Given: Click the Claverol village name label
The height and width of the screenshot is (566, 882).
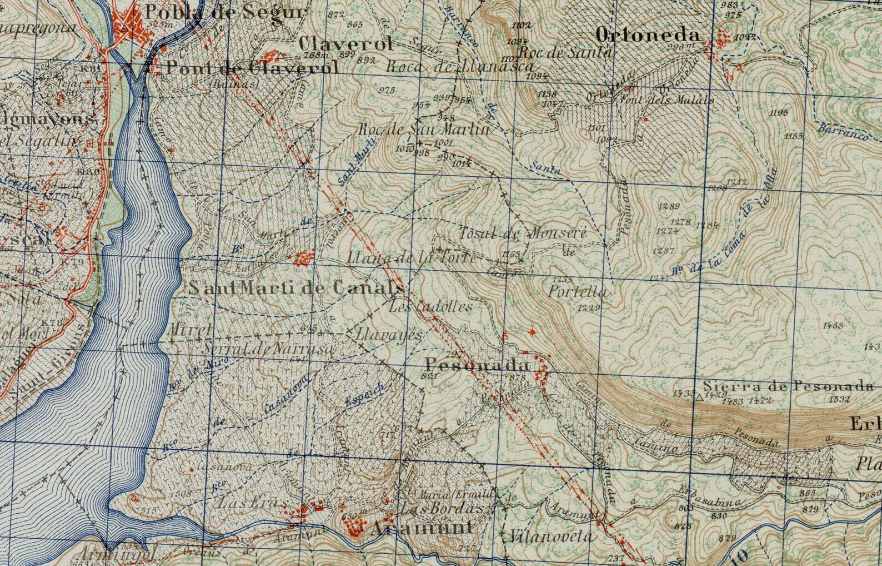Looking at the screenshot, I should pyautogui.click(x=345, y=44).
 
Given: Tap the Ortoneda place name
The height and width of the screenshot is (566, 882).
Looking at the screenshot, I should pyautogui.click(x=647, y=34).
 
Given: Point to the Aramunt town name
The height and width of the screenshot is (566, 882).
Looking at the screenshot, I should pyautogui.click(x=422, y=528).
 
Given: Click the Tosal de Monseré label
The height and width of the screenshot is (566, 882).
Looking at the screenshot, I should pyautogui.click(x=523, y=233).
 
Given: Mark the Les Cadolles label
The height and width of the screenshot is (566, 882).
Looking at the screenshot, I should pyautogui.click(x=432, y=306).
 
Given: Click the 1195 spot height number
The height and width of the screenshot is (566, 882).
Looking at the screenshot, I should pyautogui.click(x=779, y=113).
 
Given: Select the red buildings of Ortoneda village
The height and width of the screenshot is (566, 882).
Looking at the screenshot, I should pyautogui.click(x=723, y=40).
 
